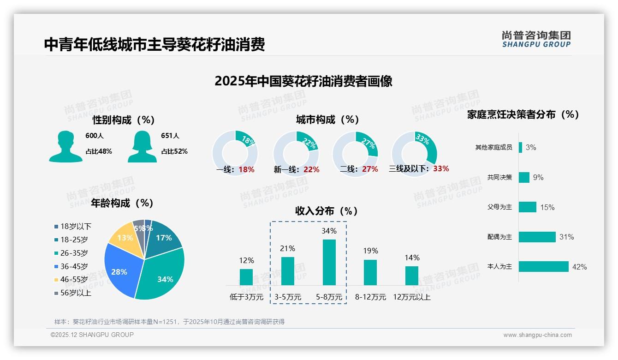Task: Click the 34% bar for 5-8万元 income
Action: (x=329, y=262)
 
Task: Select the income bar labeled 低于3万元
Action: (x=246, y=277)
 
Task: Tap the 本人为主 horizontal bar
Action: (x=543, y=266)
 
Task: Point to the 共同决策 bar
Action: (x=524, y=177)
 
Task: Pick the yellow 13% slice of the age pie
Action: (x=123, y=237)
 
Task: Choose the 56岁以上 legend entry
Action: (x=72, y=293)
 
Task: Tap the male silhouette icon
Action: (x=66, y=147)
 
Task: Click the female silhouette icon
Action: (x=142, y=147)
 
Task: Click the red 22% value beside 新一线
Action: (x=311, y=169)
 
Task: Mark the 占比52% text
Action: (x=174, y=151)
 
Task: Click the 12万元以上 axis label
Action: (x=411, y=297)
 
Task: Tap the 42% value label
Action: (x=579, y=267)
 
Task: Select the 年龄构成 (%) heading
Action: (x=122, y=203)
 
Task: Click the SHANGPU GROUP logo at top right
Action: (x=536, y=39)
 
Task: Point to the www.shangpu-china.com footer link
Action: (x=537, y=335)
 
